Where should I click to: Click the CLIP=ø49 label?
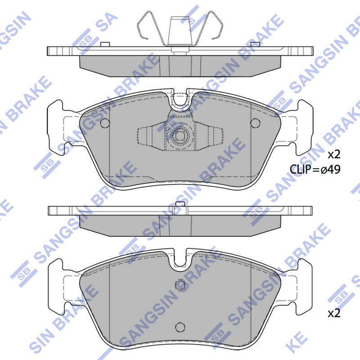(x=315, y=170)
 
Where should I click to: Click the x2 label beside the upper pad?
(x=334, y=154)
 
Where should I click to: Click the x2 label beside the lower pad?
(x=334, y=313)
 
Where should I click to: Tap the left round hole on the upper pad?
(x=105, y=123)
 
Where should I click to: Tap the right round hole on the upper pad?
(x=255, y=123)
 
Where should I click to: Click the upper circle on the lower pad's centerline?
(x=180, y=285)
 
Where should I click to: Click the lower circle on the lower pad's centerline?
(x=180, y=327)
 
